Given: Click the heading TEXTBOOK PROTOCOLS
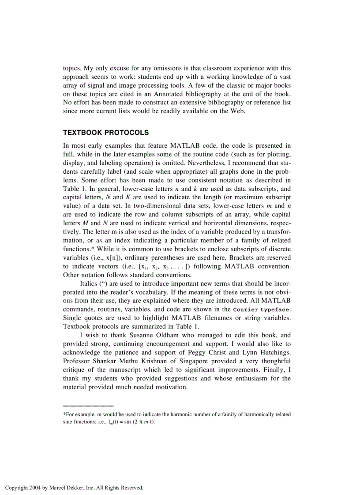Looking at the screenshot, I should tap(106, 132).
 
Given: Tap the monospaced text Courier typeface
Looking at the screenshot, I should tap(262, 310).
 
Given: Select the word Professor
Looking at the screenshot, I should tap(79, 361).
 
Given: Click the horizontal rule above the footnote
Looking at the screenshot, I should tap(88, 406).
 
